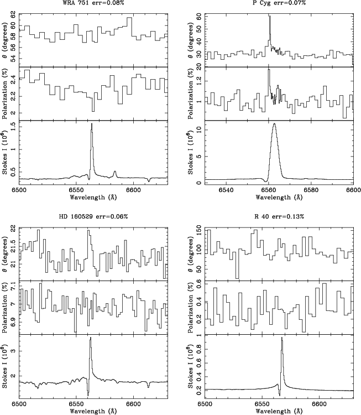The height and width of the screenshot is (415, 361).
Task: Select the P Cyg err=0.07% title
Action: tap(279, 3)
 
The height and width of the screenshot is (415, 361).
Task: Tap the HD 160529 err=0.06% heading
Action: tap(93, 217)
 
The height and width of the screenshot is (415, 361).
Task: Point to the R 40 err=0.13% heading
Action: tap(279, 217)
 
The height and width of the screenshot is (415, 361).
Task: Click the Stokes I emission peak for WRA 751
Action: tap(92, 124)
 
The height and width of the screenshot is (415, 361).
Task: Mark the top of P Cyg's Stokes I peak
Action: tap(275, 123)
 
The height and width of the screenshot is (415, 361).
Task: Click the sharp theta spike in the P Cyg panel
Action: tap(270, 17)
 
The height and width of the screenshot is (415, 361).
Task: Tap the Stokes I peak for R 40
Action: tap(282, 338)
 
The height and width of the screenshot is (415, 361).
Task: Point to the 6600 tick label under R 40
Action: tap(319, 404)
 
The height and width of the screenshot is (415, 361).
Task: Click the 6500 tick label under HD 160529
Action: tap(19, 404)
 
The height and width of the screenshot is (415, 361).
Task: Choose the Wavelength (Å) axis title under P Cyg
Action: tap(279, 198)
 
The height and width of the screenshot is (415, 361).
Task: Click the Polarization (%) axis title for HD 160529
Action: tap(5, 307)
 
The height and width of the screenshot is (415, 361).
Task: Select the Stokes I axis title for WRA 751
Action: tap(5, 152)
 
